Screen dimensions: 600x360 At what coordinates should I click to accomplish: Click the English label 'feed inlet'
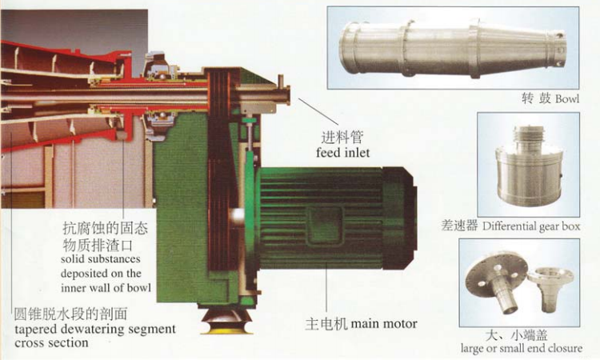[343, 153]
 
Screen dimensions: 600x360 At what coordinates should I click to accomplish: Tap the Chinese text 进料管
[342, 137]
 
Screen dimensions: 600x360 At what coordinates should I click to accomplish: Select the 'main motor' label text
[384, 324]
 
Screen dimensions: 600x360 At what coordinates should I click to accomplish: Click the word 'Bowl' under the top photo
[567, 98]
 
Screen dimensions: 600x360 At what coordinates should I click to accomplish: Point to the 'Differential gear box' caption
[531, 226]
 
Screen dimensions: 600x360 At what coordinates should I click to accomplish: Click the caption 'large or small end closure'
[521, 348]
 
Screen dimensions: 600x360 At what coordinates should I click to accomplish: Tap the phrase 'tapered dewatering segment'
[95, 329]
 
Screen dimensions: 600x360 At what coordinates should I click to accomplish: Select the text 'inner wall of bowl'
[106, 288]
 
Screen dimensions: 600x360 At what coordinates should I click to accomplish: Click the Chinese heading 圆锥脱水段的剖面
[70, 314]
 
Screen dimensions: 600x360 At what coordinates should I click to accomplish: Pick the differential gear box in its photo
[529, 166]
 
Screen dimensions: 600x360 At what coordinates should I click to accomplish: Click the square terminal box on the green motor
[326, 225]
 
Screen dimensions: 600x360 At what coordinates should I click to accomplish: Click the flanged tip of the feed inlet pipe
[285, 95]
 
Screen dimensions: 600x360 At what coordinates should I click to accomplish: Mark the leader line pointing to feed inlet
[318, 112]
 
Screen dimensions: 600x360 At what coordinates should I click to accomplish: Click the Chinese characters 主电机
[326, 324]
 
